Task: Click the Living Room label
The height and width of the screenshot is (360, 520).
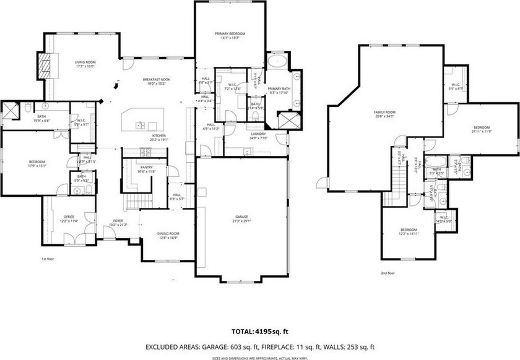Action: pos(85,62)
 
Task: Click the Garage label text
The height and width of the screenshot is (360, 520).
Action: pos(241,217)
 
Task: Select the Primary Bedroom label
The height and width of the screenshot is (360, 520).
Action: pos(230,33)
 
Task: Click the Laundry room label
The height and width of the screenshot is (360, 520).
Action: pos(258,134)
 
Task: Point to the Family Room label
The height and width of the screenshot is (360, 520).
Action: pos(384,113)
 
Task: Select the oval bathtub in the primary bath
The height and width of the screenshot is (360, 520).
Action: pos(278,62)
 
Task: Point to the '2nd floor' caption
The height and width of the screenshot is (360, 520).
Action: pos(388,272)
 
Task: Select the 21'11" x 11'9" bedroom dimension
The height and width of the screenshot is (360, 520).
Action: pos(482,131)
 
